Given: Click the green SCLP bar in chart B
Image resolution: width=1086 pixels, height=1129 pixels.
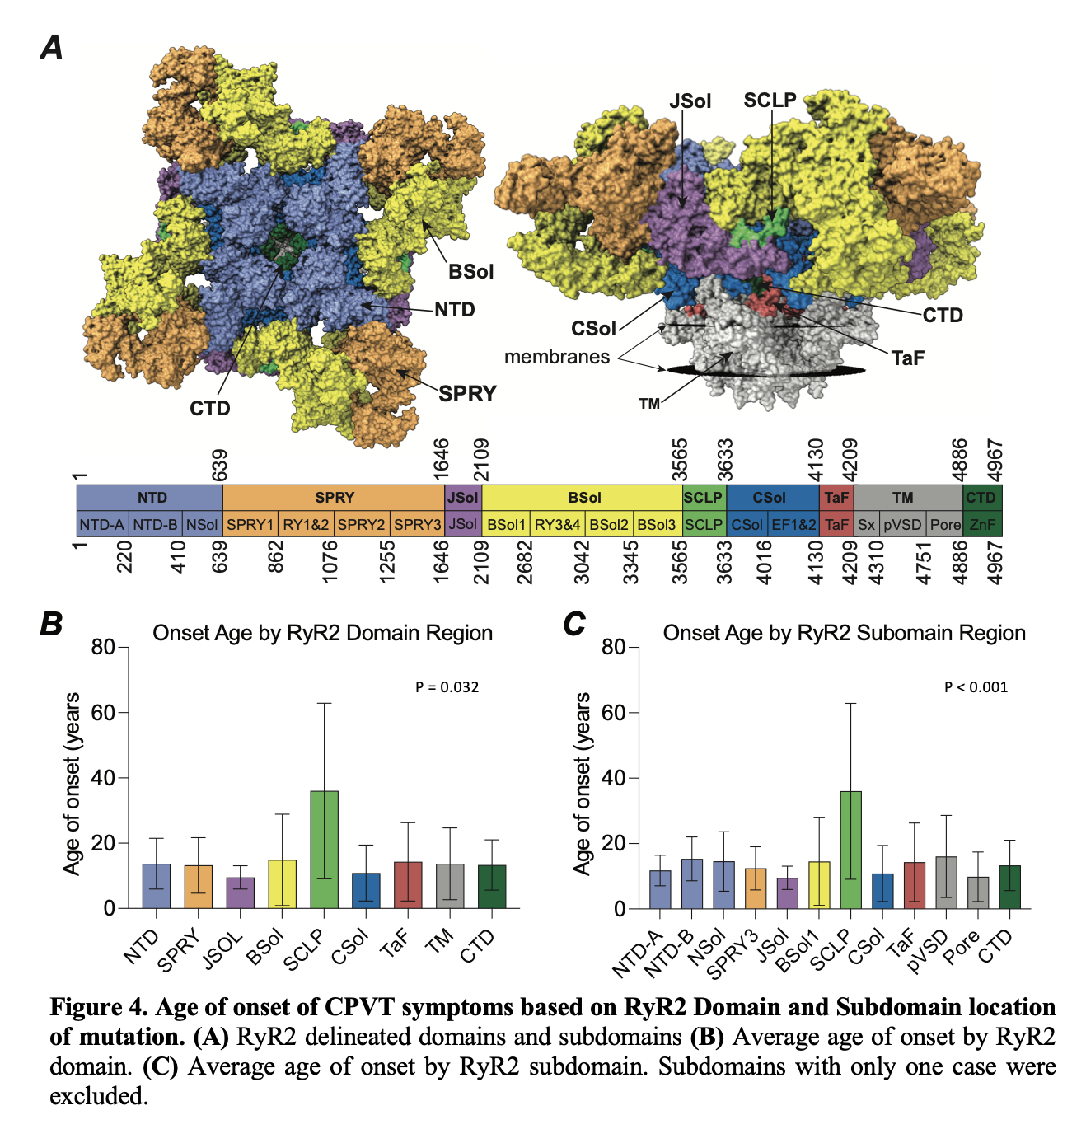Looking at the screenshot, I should pos(324,850).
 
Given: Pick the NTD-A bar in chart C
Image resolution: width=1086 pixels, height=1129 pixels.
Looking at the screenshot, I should pos(660,889).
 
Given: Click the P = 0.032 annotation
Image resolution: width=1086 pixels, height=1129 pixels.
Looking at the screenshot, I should pos(447,687).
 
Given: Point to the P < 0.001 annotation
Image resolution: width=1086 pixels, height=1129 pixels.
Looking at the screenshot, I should pos(976,687).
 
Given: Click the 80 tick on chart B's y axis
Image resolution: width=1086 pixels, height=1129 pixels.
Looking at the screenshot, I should pos(103,647).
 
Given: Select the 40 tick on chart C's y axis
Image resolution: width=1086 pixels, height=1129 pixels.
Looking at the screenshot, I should pos(614,778).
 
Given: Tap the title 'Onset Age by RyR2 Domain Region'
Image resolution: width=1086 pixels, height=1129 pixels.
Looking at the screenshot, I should pos(322,633).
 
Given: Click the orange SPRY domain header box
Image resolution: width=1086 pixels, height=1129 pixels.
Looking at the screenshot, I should pos(334,498).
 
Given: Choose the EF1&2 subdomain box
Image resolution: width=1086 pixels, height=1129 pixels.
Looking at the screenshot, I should pos(793,524).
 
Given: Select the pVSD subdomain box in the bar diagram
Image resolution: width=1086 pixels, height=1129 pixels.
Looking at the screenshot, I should pos(902,524).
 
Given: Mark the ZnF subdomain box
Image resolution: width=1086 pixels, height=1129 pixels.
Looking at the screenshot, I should pos(982,524).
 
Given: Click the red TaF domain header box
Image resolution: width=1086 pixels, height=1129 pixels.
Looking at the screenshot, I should pos(836,498).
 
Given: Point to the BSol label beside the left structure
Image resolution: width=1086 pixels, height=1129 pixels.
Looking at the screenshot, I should pos(470,272).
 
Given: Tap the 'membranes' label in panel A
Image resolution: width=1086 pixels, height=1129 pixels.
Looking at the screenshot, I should pos(557,357).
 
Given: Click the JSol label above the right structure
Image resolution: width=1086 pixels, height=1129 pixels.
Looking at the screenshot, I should pos(690,101).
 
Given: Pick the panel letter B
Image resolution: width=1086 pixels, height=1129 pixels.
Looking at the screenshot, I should pos(51,625).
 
